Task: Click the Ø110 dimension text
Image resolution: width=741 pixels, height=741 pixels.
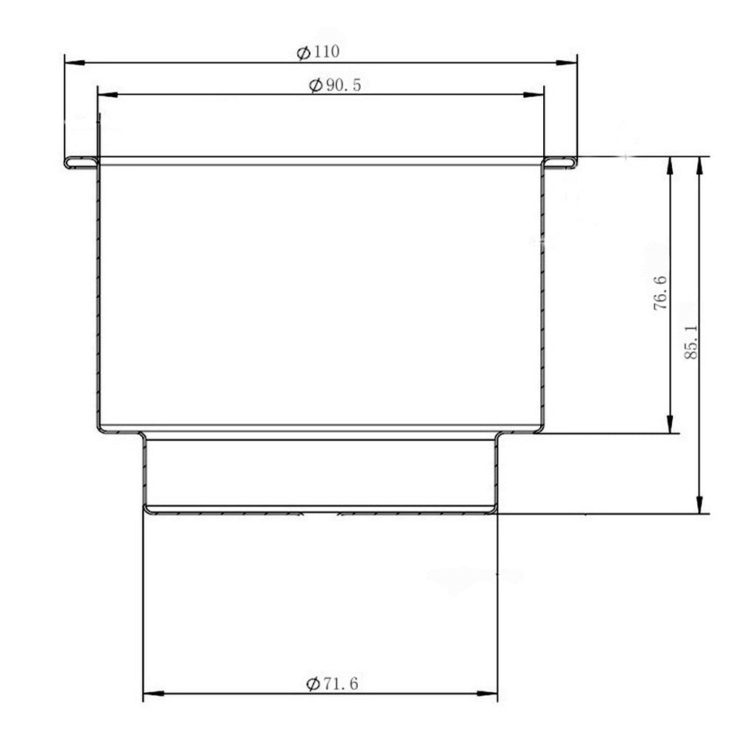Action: coord(318,52)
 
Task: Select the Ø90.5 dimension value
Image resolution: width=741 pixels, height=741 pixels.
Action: coord(335,85)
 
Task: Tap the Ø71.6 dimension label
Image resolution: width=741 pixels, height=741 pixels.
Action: coord(332,683)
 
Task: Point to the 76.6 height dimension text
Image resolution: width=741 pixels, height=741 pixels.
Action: coord(660,293)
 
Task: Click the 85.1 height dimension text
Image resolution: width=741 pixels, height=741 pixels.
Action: coord(691,342)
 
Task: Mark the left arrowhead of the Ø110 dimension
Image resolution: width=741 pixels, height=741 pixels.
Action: coord(75,62)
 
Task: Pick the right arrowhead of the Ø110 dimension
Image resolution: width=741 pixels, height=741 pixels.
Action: coord(567,62)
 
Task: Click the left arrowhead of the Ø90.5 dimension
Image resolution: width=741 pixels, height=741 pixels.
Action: coord(107,95)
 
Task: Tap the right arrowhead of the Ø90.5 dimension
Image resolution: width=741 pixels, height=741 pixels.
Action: coord(534,95)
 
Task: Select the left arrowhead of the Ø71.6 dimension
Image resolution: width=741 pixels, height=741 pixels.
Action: coord(153,694)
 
